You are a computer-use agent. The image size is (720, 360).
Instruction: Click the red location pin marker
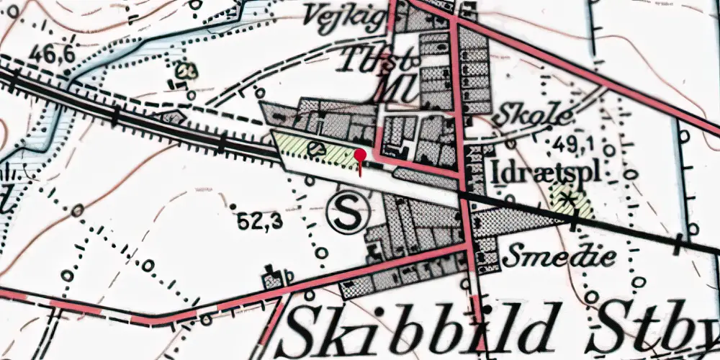click(360, 155)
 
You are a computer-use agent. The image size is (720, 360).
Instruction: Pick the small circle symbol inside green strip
click(315, 148)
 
